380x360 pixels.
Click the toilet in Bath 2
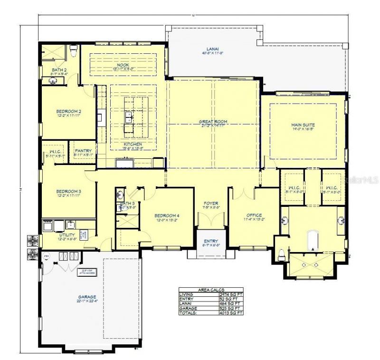click(x=73, y=50)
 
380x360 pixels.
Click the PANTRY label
click(x=83, y=151)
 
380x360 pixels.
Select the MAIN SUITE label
click(x=303, y=125)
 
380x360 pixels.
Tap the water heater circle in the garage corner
click(x=47, y=257)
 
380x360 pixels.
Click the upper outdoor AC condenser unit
click(x=33, y=240)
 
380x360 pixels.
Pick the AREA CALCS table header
click(x=210, y=289)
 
